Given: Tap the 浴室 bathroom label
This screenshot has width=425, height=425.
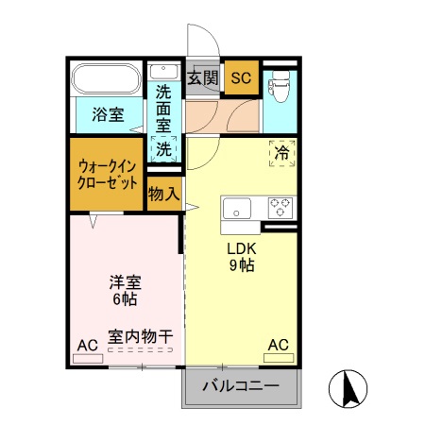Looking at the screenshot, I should coord(107,115).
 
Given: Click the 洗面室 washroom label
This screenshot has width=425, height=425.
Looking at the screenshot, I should coord(163,109).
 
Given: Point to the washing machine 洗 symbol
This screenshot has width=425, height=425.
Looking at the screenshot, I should coord(164,148).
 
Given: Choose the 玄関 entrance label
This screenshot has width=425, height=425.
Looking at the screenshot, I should coord(202,77).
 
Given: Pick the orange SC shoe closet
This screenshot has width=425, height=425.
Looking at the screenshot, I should coord(242,77).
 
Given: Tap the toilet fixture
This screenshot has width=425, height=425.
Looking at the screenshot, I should coord(279,86).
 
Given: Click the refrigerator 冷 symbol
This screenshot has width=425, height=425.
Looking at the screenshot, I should coord(282,152).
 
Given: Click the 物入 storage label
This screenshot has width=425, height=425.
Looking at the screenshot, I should coord(164,195).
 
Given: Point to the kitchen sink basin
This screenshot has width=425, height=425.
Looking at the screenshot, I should coord(237,207).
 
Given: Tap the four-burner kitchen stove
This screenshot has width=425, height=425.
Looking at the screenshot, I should coord(280,206).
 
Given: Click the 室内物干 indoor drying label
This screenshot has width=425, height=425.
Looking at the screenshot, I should coord(140,336).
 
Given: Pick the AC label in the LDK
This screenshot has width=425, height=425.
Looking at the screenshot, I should coord(279,345).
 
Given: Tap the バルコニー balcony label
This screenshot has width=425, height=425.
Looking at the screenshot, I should coord(241,385).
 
